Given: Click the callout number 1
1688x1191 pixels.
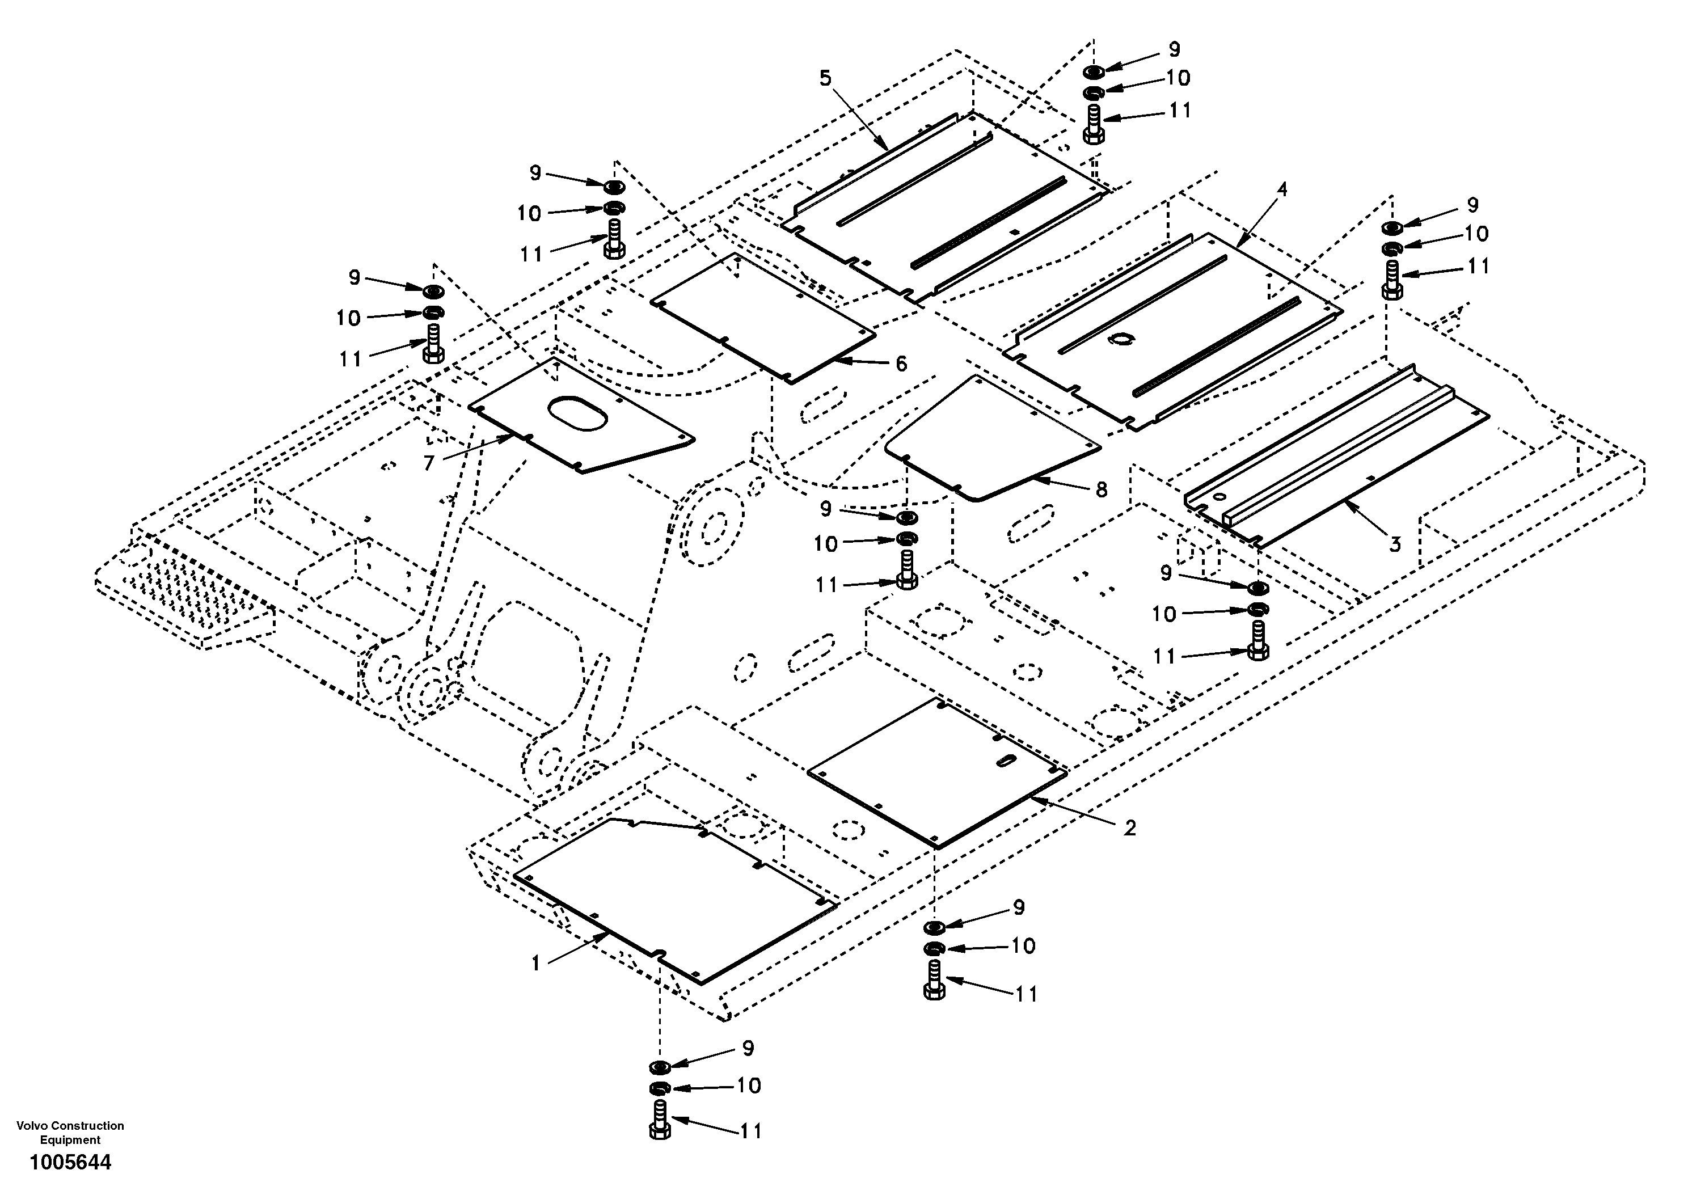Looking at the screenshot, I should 536,962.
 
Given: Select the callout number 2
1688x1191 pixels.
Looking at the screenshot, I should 1129,828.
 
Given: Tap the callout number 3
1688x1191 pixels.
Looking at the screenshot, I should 1395,545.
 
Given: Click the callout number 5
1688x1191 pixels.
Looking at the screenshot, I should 826,78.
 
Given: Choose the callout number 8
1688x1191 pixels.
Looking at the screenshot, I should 1102,489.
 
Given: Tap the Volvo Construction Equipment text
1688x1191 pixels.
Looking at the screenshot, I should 70,1132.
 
